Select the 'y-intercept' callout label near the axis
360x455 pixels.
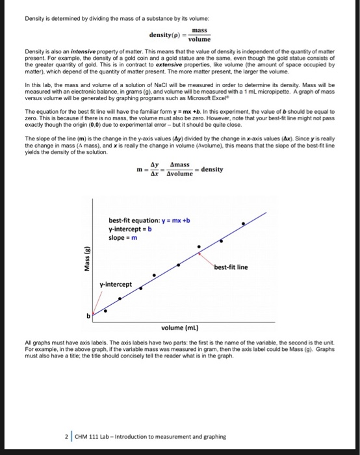click(x=116, y=284)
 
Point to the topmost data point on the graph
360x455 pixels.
click(x=244, y=223)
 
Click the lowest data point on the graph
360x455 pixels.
click(x=106, y=311)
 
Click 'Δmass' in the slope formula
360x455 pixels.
click(x=180, y=166)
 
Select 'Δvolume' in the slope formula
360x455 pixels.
click(x=180, y=174)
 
